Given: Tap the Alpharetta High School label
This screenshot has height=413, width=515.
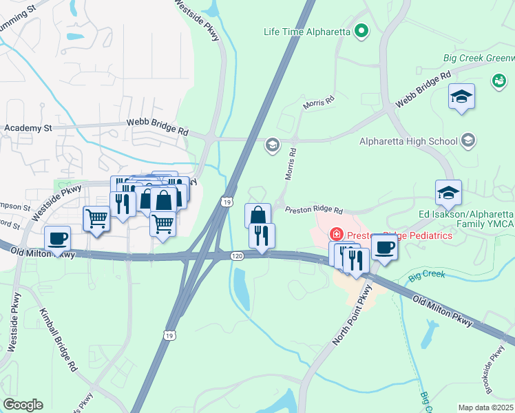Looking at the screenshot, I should (x=408, y=142).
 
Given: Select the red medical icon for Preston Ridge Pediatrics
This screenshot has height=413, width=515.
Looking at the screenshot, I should (x=337, y=235).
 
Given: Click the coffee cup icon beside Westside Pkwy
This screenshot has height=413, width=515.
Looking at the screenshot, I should (x=57, y=238).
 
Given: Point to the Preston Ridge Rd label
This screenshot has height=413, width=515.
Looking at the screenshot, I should (x=313, y=209).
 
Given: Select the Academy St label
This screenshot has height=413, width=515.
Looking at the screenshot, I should (x=28, y=128).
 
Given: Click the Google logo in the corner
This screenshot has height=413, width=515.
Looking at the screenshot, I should (x=23, y=405).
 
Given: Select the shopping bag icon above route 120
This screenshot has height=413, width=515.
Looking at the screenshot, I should (x=257, y=215).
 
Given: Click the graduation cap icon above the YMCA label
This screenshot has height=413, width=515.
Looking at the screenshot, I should (x=448, y=192).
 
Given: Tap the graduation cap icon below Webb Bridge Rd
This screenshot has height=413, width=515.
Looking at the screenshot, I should (x=462, y=96).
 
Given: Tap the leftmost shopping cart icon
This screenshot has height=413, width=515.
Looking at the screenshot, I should (x=96, y=219).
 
